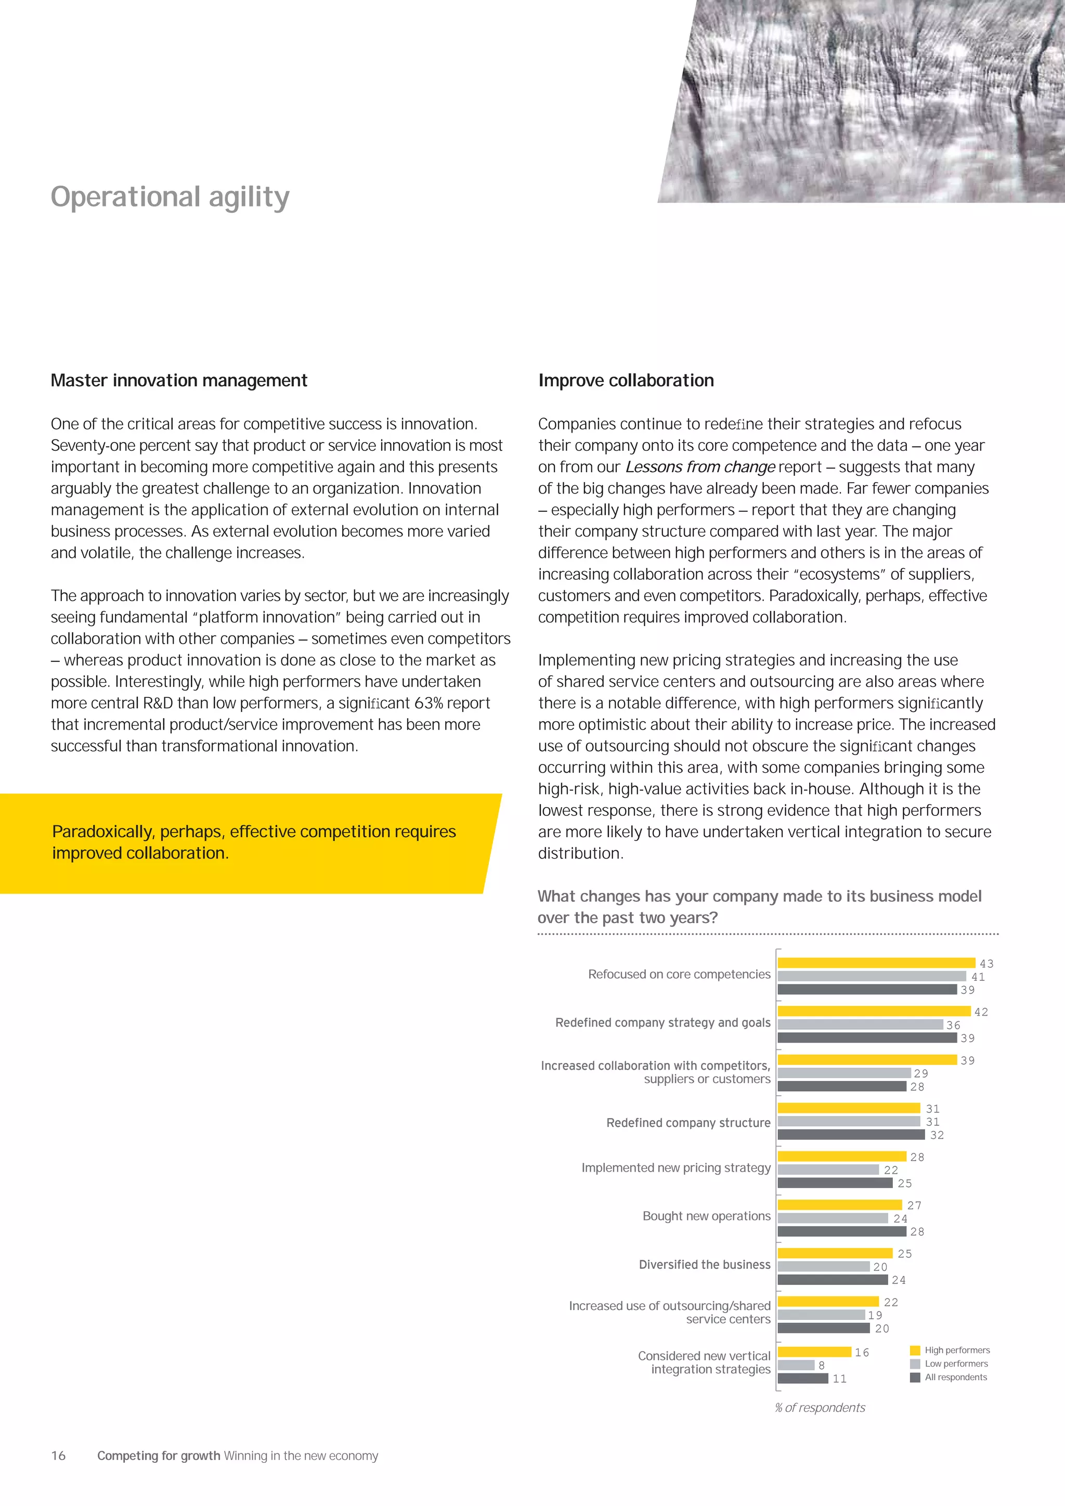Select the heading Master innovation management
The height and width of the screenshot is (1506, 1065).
pyautogui.click(x=179, y=381)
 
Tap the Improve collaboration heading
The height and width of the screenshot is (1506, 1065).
pyautogui.click(x=626, y=381)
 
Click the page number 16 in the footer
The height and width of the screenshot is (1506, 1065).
pyautogui.click(x=58, y=1456)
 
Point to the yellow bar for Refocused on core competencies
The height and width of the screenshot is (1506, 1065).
pyautogui.click(x=876, y=963)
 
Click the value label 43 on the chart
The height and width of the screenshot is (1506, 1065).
pyautogui.click(x=986, y=964)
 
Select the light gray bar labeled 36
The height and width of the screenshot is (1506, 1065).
pyautogui.click(x=860, y=1024)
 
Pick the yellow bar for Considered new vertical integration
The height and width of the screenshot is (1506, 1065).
pyautogui.click(x=814, y=1352)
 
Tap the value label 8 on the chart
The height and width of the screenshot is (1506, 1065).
pyautogui.click(x=821, y=1365)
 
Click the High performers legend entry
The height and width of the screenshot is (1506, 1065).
pyautogui.click(x=956, y=1350)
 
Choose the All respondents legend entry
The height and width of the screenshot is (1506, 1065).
pyautogui.click(x=955, y=1377)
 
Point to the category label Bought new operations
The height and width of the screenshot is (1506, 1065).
pyautogui.click(x=706, y=1216)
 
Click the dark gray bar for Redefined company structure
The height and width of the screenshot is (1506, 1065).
pyautogui.click(x=851, y=1135)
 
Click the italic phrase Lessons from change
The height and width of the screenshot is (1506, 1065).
pyautogui.click(x=700, y=467)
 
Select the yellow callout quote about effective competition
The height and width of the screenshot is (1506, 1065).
pyautogui.click(x=254, y=842)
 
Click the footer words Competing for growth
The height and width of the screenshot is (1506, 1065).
pyautogui.click(x=158, y=1456)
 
